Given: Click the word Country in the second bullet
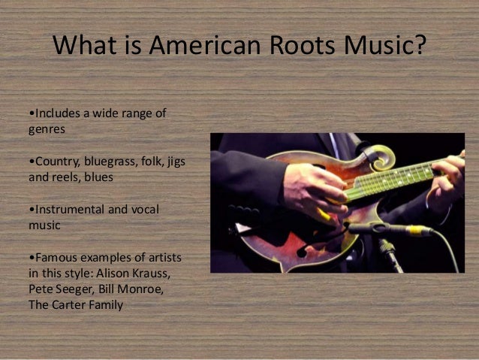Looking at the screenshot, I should tap(52, 163).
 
